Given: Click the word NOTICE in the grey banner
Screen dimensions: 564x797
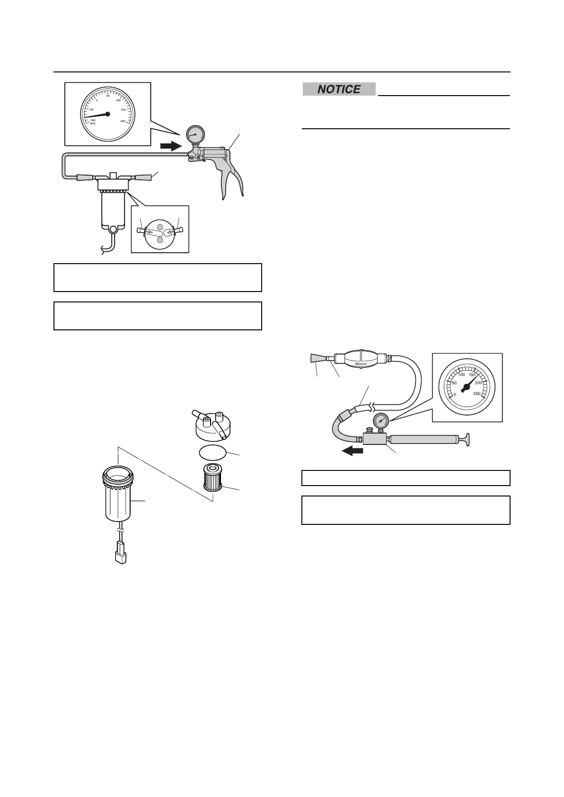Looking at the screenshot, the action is click(x=339, y=89).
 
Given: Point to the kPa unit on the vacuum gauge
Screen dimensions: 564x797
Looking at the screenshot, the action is click(x=93, y=124).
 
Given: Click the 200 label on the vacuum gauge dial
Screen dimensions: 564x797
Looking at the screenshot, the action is click(x=123, y=121).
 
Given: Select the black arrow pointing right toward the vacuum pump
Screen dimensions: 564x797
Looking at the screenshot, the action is click(x=170, y=146).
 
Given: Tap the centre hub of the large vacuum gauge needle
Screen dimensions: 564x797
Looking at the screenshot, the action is click(x=108, y=114).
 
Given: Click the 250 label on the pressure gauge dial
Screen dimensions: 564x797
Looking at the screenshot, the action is click(x=476, y=393).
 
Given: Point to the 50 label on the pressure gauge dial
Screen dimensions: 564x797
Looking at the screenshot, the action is click(x=454, y=383).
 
